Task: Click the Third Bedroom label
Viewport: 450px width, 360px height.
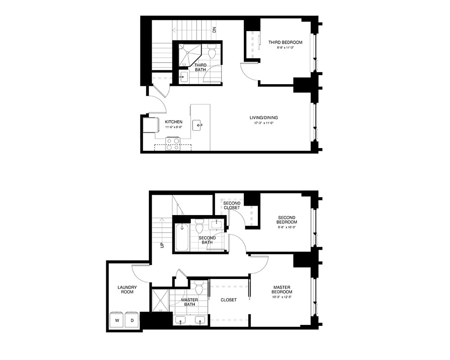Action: pos(285,42)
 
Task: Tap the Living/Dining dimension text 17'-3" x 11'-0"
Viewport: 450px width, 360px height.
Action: pos(264,123)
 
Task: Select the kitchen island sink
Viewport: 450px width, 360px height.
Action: pos(197,125)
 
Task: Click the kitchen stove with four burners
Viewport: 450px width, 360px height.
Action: pos(173,144)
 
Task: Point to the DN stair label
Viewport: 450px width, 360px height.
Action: pos(214,30)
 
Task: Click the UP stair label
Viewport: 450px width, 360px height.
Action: pos(162,245)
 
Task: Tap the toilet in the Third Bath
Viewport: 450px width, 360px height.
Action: pos(212,51)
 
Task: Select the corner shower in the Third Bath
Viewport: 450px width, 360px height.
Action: pos(190,55)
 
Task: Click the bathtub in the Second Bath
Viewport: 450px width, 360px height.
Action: pos(182,238)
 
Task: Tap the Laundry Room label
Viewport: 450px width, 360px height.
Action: pos(127,289)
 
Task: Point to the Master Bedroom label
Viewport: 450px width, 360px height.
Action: pos(282,289)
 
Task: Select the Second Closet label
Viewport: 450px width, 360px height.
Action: pos(232,205)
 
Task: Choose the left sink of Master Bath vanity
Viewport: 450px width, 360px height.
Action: pos(180,320)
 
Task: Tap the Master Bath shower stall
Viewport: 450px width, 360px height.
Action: pos(161,300)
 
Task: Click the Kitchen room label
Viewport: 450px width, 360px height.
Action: pos(174,122)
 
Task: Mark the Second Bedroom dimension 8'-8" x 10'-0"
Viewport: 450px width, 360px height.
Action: pos(287,227)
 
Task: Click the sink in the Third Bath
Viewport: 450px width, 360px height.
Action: pos(183,76)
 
